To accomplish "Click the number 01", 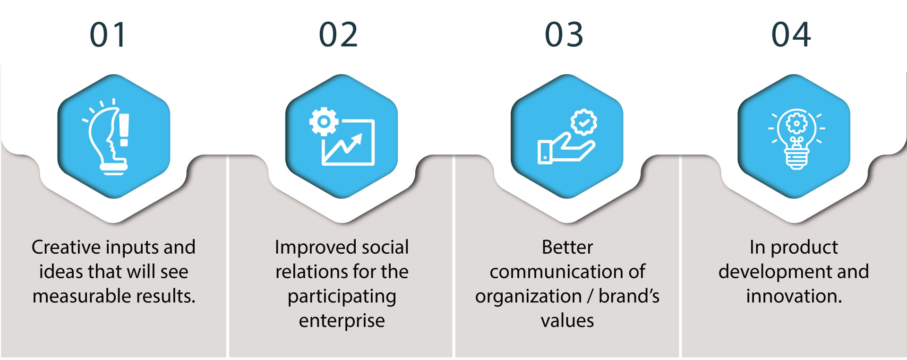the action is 108,35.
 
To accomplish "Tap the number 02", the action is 338,35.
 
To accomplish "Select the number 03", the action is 564,35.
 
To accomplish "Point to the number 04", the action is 791,35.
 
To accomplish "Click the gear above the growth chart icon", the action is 324,121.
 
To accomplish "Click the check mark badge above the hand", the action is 584,123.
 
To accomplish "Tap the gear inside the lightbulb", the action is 796,124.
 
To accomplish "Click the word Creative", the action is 66,247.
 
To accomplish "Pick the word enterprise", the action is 342,321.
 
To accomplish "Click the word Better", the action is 567,247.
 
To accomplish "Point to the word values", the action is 567,321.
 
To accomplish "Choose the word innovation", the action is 794,296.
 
